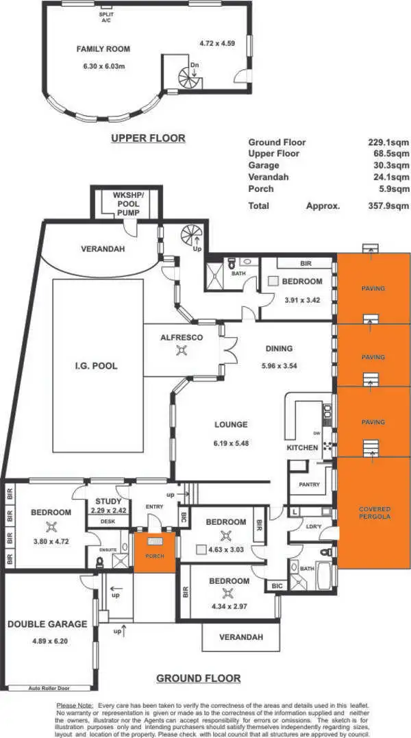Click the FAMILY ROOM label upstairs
pos(103,49)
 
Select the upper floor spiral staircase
pos(187,77)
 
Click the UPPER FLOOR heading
pos(148,138)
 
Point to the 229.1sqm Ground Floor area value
pos(388,143)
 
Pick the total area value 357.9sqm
pos(388,206)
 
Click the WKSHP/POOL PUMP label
pos(127,204)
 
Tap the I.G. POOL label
pos(97,366)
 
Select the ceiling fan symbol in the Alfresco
pos(182,351)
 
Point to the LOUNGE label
pos(230,424)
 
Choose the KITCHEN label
pos(302,447)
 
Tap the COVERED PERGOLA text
pos(375,513)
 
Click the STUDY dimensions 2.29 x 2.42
pos(108,511)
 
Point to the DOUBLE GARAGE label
pos(47,624)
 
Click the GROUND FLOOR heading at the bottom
pos(199,678)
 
